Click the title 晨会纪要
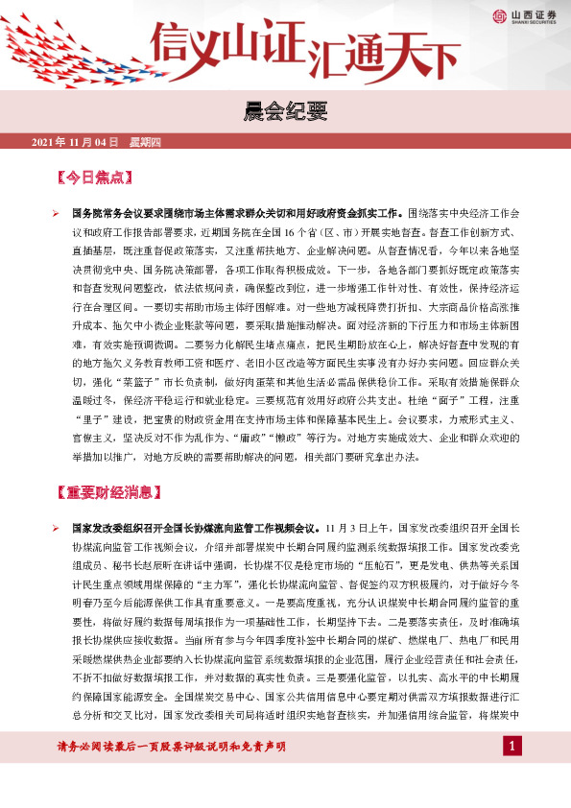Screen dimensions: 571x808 tap(285, 109)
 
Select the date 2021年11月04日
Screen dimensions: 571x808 tap(75, 142)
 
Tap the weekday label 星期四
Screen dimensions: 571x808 tap(145, 142)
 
